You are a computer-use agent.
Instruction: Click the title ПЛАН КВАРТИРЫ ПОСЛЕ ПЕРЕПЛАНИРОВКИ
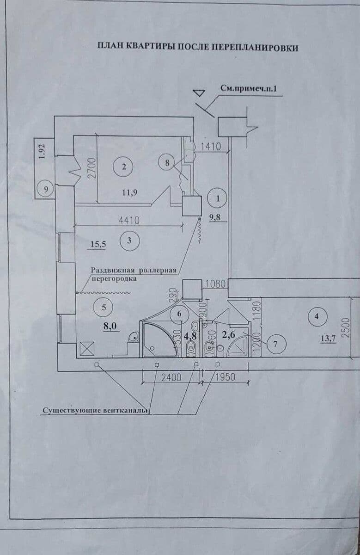click(198, 47)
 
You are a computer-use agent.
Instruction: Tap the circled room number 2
click(123, 167)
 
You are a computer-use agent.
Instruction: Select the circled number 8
click(167, 162)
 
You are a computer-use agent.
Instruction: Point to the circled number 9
click(45, 189)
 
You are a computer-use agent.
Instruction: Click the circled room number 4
click(317, 317)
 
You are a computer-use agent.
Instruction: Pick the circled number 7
click(275, 344)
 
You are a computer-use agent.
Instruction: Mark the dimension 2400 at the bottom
click(171, 377)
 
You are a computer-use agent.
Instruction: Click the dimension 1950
click(225, 377)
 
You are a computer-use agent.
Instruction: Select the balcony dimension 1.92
click(41, 152)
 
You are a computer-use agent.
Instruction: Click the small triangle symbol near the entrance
click(199, 92)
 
